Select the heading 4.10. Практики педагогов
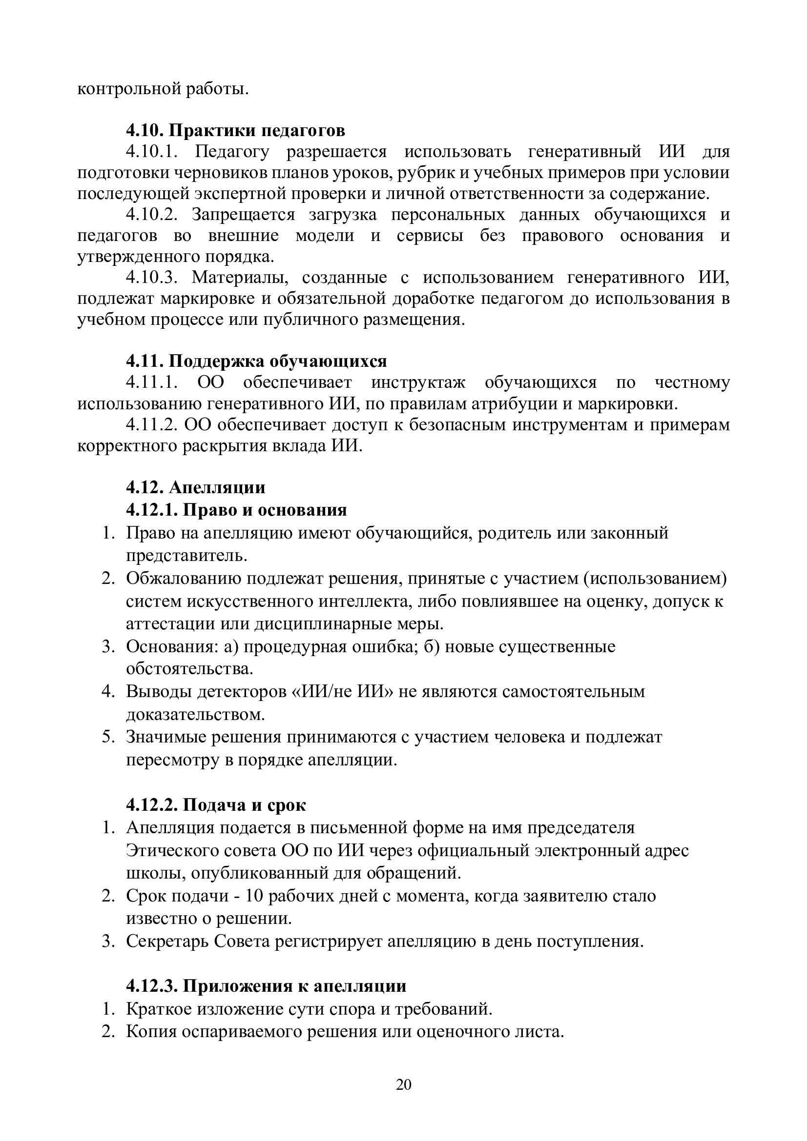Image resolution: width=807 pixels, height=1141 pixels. [x=235, y=130]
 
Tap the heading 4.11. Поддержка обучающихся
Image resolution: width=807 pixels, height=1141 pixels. [x=256, y=361]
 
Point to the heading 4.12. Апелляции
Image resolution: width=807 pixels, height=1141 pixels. [x=195, y=487]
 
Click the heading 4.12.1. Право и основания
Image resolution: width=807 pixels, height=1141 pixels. [x=236, y=510]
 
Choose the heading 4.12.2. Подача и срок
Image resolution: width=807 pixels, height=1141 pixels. [x=216, y=804]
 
